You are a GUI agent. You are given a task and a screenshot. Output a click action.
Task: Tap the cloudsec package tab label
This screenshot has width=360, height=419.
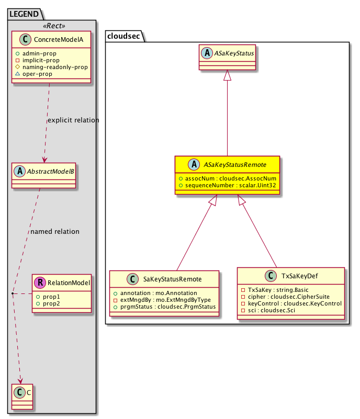pyautogui.click(x=124, y=36)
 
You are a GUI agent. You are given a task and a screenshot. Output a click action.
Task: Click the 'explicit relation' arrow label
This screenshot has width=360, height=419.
pyautogui.click(x=73, y=120)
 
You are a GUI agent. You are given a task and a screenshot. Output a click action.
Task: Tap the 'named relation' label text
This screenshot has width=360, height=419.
pyautogui.click(x=55, y=232)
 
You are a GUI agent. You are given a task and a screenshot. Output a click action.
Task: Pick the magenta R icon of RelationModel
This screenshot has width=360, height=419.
pyautogui.click(x=41, y=283)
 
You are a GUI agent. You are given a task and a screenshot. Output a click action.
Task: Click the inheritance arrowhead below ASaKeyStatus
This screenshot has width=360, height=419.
pyautogui.click(x=227, y=76)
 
